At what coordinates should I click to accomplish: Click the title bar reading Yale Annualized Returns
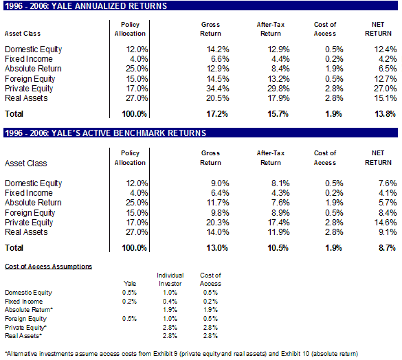point(201,5)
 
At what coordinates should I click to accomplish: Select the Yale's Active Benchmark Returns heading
point(201,133)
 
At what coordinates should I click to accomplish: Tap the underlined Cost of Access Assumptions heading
point(48,267)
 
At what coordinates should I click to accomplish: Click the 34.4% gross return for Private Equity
point(218,89)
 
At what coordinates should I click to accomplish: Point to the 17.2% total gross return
point(217,114)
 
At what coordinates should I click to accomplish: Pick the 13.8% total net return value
point(385,114)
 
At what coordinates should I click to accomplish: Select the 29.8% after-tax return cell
point(278,89)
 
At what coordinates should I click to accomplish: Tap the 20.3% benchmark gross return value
point(218,223)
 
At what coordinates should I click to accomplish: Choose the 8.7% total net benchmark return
point(387,248)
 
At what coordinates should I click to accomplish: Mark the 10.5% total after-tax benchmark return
point(278,248)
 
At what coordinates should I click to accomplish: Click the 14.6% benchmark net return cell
point(386,223)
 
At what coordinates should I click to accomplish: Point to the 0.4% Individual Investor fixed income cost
point(170,302)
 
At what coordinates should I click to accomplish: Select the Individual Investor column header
point(170,280)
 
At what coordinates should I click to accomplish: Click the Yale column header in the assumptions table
point(130,284)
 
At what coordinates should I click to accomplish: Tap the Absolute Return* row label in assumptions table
point(29,310)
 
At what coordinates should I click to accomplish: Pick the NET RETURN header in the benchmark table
point(378,158)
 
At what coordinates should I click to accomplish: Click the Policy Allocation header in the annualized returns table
point(130,29)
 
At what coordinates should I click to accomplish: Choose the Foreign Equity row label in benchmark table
point(30,213)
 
